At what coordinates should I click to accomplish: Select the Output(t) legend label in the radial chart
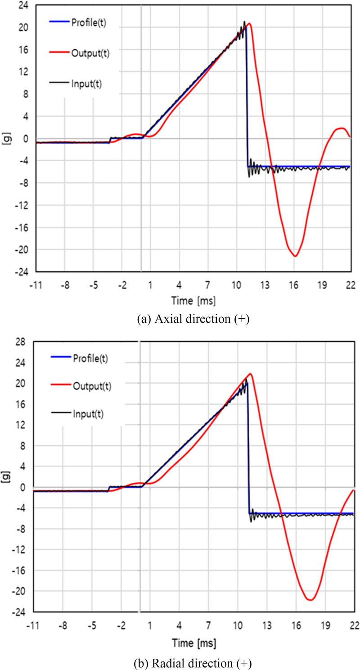click(90, 385)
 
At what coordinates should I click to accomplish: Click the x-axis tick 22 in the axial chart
click(350, 285)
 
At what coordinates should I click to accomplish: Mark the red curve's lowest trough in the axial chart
click(295, 256)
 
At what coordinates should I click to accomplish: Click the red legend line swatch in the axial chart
click(58, 52)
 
